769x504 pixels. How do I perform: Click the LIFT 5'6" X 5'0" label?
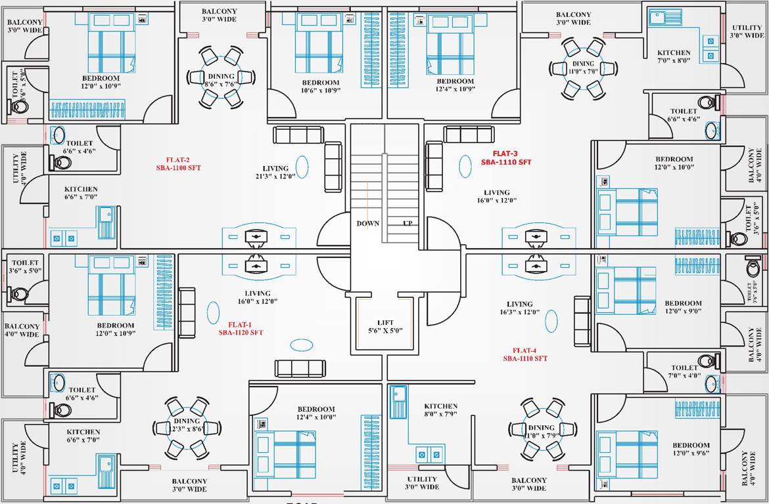[x=386, y=326]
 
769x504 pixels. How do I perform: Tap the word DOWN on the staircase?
[x=368, y=223]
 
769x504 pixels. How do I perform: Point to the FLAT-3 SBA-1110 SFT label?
[x=505, y=157]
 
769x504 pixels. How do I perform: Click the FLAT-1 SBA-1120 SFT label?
[x=241, y=328]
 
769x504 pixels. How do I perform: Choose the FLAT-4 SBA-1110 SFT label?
[x=525, y=354]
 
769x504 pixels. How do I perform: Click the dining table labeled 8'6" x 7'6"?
[x=221, y=77]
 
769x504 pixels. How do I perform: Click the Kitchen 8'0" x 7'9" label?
[x=440, y=410]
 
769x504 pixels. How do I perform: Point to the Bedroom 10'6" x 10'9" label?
[x=320, y=87]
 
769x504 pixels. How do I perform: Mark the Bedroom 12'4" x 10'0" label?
[x=316, y=413]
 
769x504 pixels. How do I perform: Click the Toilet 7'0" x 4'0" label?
[x=684, y=372]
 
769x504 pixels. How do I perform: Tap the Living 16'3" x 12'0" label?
[x=519, y=308]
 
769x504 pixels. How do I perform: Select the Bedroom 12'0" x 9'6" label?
[x=691, y=449]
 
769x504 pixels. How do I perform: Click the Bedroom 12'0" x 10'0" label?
[x=674, y=163]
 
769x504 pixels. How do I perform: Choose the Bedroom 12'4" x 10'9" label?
[x=455, y=85]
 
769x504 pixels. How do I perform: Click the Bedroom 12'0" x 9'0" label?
[x=683, y=307]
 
